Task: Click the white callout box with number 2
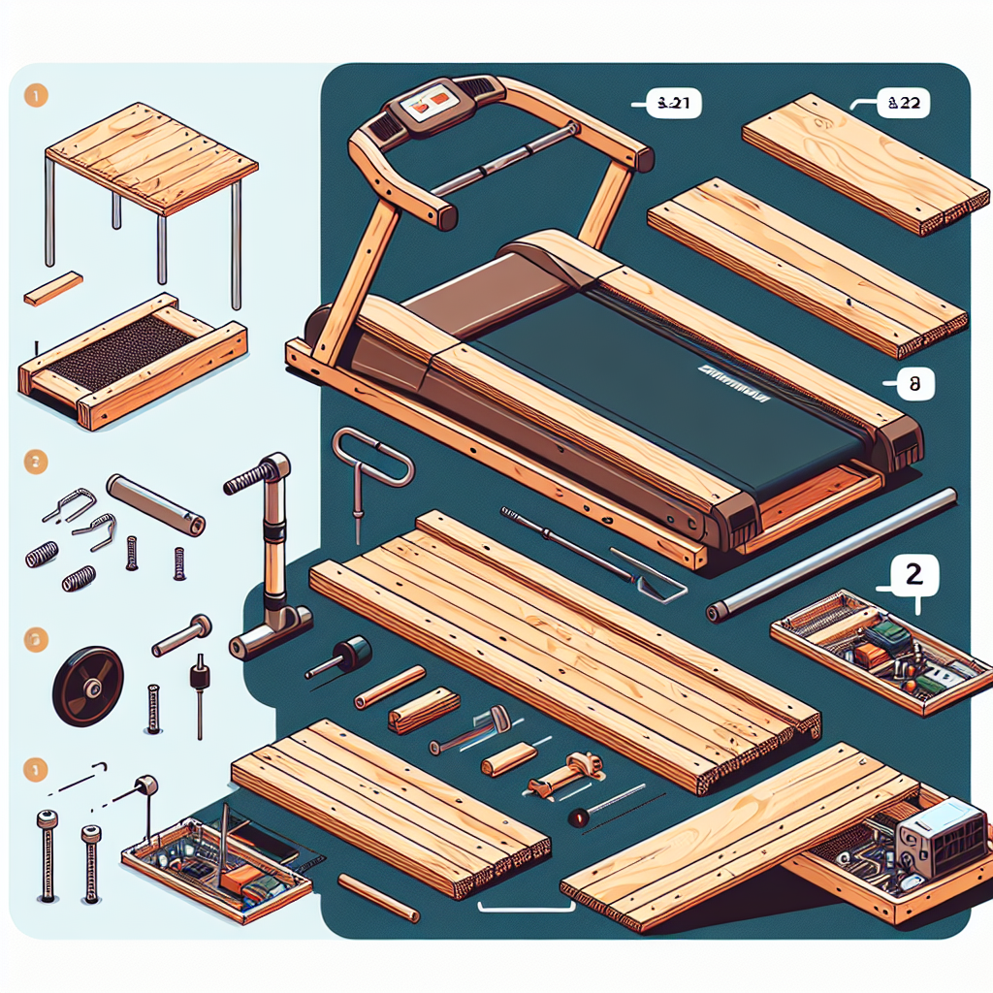tap(913, 574)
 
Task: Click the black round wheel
tap(88, 686)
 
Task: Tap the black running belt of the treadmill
tap(669, 388)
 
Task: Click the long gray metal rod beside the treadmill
tap(831, 554)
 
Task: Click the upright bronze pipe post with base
tap(269, 553)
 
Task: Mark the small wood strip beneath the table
tap(53, 289)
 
